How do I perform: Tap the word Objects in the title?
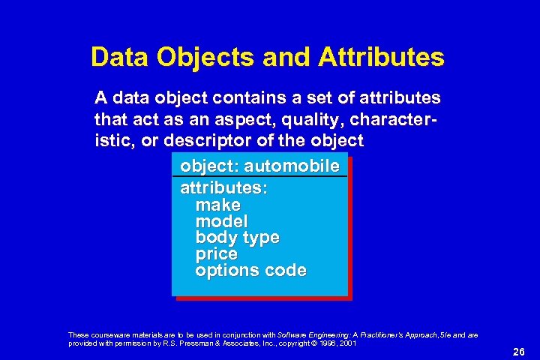pos(195,57)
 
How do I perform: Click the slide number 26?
pos(517,352)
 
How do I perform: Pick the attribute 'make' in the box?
pos(217,205)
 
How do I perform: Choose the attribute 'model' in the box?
pos(221,221)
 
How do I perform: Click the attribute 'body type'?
pos(237,238)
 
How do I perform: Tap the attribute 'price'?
pos(216,254)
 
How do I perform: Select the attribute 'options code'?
pos(250,271)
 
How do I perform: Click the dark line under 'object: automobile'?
pos(259,176)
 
